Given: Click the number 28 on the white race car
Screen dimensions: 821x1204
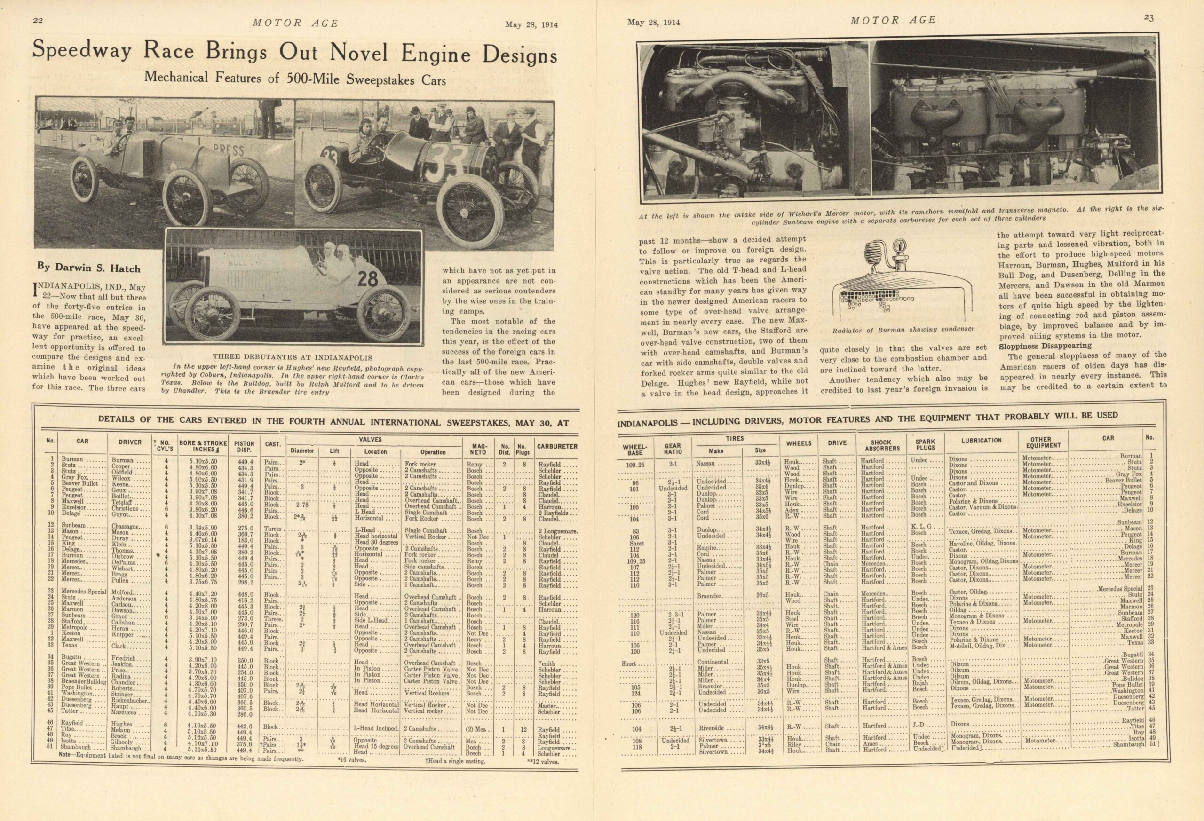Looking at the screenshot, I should (x=367, y=279).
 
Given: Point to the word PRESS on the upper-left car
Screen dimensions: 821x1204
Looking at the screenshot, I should (x=228, y=151).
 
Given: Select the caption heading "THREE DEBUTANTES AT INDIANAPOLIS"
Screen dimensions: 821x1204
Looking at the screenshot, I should (x=292, y=357).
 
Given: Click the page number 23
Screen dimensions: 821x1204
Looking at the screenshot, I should (x=1163, y=18).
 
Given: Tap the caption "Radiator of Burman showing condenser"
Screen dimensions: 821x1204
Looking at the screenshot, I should (x=903, y=329).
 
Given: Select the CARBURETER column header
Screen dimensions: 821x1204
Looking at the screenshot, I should (x=557, y=446).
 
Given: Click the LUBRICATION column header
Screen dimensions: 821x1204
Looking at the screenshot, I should (x=981, y=440).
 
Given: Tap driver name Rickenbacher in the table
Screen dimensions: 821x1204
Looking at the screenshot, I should (x=131, y=700).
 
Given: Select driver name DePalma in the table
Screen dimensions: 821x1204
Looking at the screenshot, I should (x=123, y=561).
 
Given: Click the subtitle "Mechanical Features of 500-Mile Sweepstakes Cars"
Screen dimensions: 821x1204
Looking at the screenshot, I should (x=295, y=78).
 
